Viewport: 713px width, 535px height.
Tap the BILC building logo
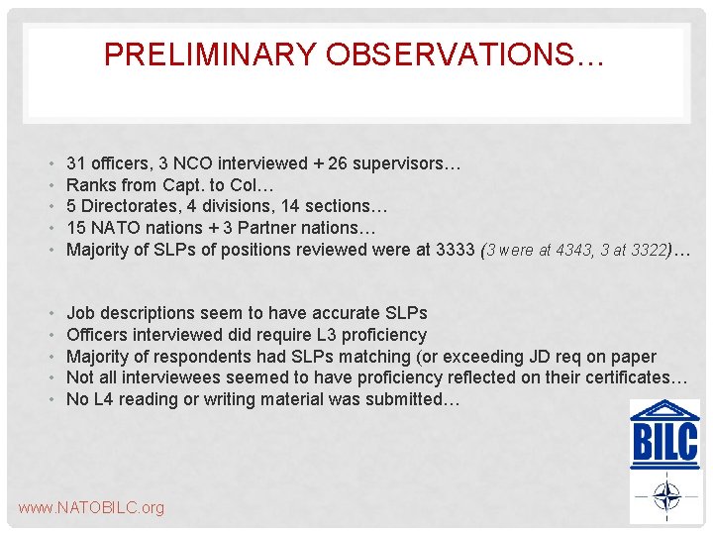point(664,434)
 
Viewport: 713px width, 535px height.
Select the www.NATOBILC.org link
point(91,508)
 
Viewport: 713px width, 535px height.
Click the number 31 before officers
point(75,162)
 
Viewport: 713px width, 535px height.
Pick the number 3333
point(456,250)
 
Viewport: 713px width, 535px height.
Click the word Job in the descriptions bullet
point(80,313)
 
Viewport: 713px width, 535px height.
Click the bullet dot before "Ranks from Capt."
point(50,185)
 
